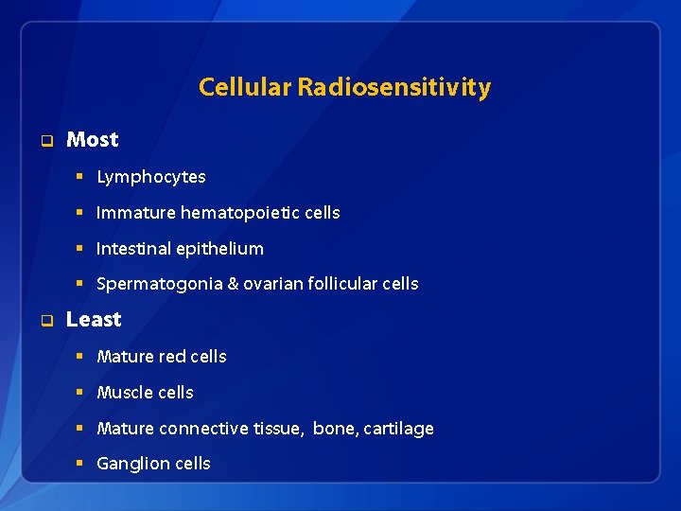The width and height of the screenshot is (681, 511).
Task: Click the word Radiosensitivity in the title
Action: [393, 88]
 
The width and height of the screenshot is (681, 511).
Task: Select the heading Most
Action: [92, 140]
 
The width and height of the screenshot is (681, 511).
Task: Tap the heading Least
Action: [94, 320]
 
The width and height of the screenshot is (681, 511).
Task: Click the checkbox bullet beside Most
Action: [44, 141]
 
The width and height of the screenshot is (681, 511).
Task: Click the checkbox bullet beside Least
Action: [44, 321]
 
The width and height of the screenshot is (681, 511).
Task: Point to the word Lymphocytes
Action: [150, 177]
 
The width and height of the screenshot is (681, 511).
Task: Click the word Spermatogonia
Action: [158, 284]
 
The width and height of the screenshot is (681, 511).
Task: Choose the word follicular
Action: [339, 284]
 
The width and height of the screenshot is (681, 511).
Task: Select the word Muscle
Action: [123, 393]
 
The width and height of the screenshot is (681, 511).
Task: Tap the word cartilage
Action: [397, 429]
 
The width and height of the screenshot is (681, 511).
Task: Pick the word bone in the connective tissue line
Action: [333, 429]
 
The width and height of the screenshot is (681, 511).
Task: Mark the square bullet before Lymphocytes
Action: [81, 177]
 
